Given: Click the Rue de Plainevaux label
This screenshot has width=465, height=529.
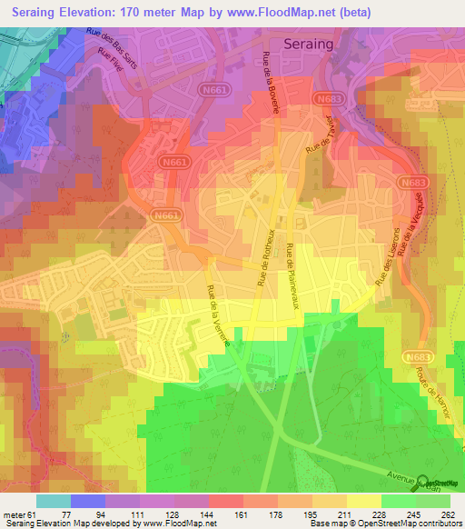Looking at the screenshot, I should [x=293, y=276].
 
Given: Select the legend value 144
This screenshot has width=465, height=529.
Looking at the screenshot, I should [x=208, y=514].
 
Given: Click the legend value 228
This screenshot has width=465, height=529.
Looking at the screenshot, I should [x=379, y=514].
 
